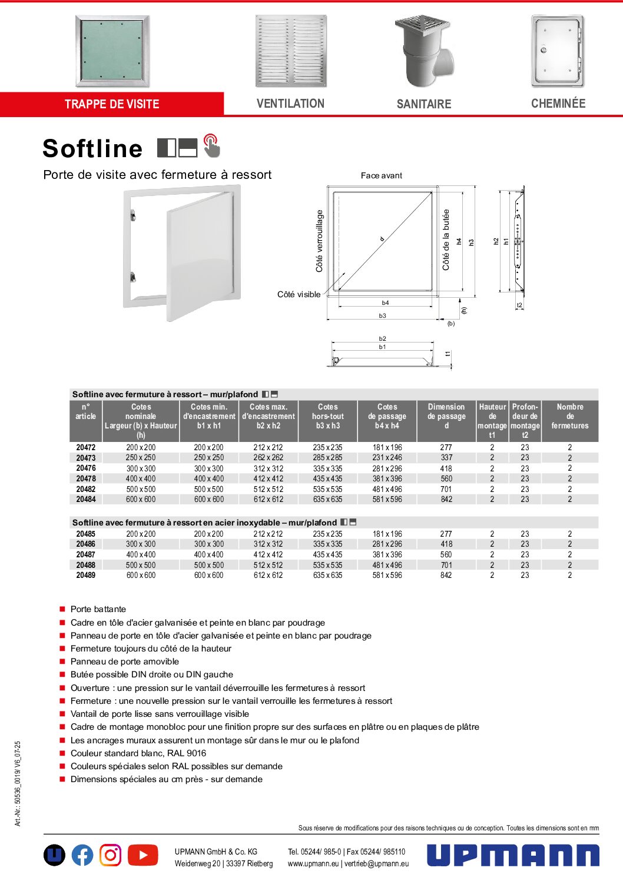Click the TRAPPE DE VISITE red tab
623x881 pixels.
click(112, 104)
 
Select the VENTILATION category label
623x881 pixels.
click(290, 104)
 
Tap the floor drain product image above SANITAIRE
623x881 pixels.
click(424, 51)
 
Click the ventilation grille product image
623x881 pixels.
click(290, 51)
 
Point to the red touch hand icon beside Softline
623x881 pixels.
click(211, 146)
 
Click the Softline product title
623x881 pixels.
click(92, 148)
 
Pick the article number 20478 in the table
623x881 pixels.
click(86, 479)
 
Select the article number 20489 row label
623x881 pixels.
click(86, 576)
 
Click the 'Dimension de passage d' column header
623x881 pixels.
click(446, 416)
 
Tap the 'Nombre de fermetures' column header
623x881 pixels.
click(569, 416)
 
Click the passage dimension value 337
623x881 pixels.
click(446, 458)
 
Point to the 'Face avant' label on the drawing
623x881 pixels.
click(382, 175)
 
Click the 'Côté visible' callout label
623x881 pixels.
click(299, 294)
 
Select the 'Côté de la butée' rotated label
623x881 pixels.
click(446, 240)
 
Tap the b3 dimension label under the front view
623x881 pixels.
click(383, 316)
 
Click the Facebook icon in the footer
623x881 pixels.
click(82, 855)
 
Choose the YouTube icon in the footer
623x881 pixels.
click(143, 855)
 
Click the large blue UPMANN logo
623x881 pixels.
click(513, 855)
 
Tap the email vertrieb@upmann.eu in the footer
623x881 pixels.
click(377, 864)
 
